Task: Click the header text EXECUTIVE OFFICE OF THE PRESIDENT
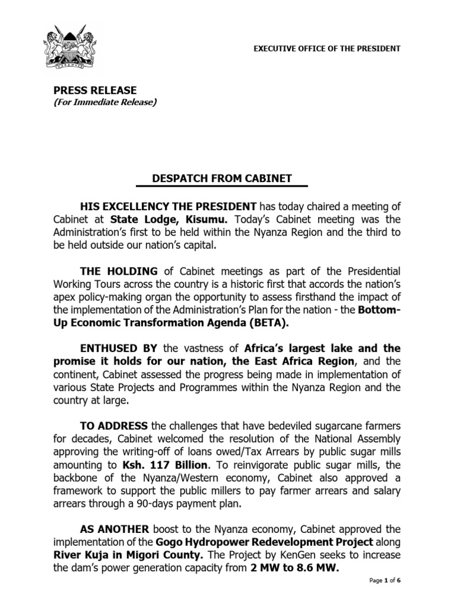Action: tap(327, 48)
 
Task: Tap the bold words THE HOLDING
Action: tap(119, 271)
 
